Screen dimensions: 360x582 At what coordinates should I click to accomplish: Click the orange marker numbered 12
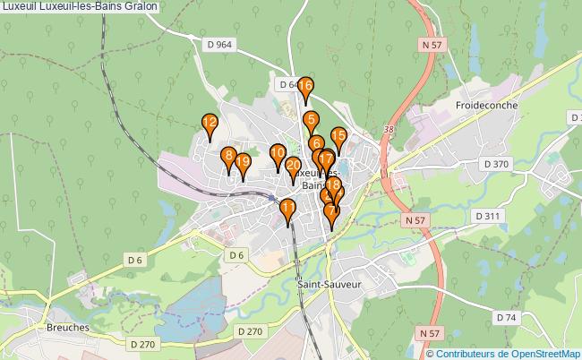point(210,124)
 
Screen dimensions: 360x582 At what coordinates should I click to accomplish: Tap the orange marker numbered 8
point(229,157)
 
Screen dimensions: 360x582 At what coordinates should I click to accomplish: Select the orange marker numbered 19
point(242,162)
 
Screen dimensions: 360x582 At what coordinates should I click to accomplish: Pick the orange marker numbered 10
point(278,154)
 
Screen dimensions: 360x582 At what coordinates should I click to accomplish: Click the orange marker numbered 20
point(293,167)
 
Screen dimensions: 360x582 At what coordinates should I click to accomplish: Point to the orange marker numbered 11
point(288,210)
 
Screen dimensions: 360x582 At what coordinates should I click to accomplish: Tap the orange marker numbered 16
point(305,88)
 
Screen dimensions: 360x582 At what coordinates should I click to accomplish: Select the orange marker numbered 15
point(338,138)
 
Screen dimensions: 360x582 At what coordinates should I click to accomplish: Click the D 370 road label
point(495,164)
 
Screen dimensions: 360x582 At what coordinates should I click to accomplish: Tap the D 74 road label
point(507,318)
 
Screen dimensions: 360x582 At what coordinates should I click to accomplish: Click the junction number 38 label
point(388,130)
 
